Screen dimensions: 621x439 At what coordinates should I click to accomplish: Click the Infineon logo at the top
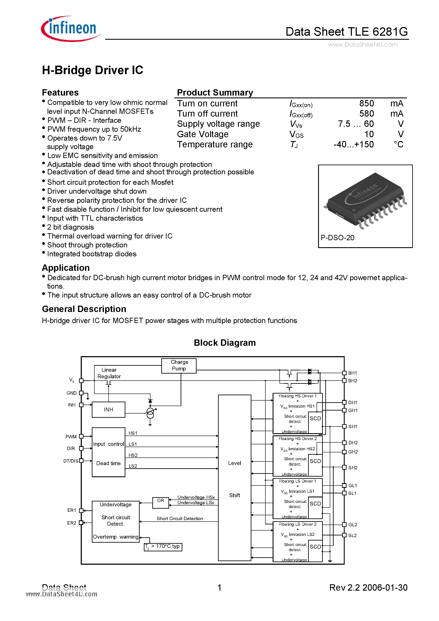71,29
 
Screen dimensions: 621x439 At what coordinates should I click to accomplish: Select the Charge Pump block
179,366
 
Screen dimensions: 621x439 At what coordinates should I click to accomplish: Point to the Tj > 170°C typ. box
163,547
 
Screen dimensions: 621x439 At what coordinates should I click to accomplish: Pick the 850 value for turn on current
367,103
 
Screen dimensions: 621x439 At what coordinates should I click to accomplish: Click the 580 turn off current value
367,114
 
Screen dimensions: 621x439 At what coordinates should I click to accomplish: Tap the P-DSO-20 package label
337,237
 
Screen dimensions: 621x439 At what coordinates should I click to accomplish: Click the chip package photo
365,200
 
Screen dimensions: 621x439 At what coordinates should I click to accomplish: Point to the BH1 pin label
352,373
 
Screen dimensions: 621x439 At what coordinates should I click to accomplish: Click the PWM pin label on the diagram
71,436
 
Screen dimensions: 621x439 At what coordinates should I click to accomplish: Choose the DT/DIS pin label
71,461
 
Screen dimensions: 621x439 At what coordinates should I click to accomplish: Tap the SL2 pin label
352,535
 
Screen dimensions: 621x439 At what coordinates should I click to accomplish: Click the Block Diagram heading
225,343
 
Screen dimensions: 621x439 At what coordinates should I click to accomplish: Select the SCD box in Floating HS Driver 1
315,418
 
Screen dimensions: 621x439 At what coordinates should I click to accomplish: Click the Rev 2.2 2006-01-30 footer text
368,587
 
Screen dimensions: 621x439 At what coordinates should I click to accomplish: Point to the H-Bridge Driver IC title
93,70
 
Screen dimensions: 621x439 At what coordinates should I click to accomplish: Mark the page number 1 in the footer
219,587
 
